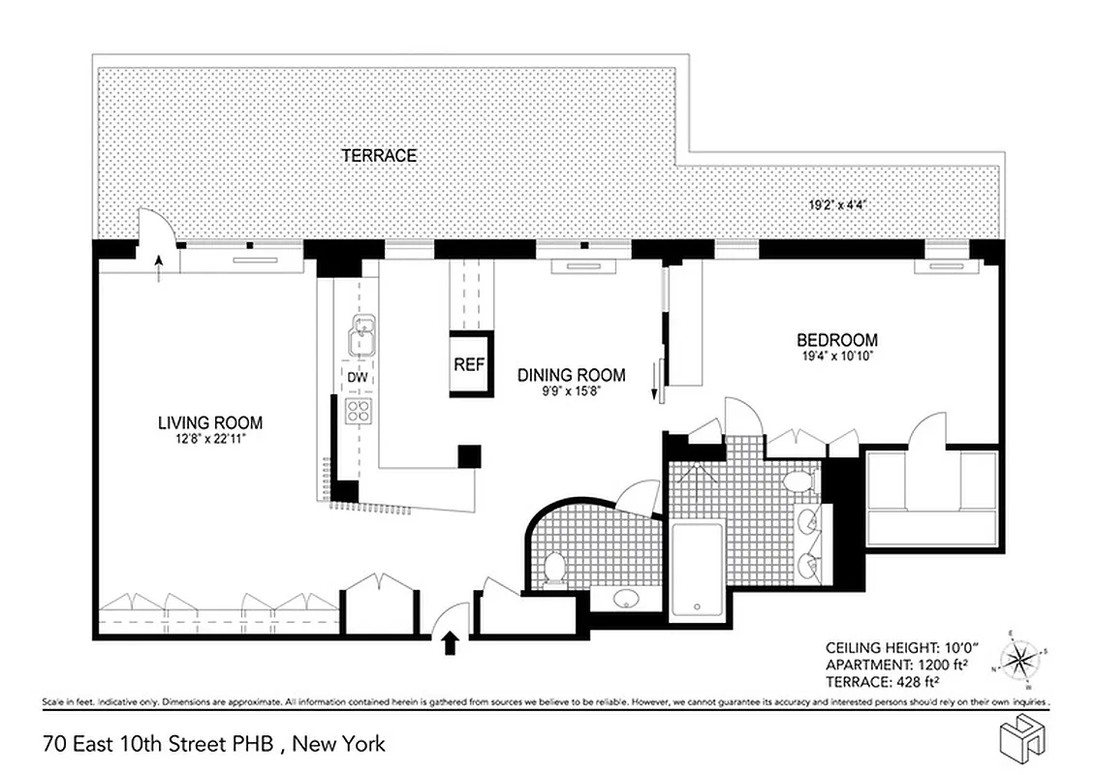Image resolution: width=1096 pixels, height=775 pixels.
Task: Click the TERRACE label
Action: (378, 155)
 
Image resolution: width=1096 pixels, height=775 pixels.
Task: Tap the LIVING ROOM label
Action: (210, 423)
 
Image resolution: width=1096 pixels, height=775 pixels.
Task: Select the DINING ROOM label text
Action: (570, 375)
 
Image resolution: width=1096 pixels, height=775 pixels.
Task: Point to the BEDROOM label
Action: (836, 340)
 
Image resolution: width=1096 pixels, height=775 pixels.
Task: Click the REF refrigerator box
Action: (468, 365)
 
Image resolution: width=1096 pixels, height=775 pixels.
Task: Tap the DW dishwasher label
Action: (357, 377)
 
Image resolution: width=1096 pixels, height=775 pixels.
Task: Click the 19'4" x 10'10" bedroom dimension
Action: (836, 356)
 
